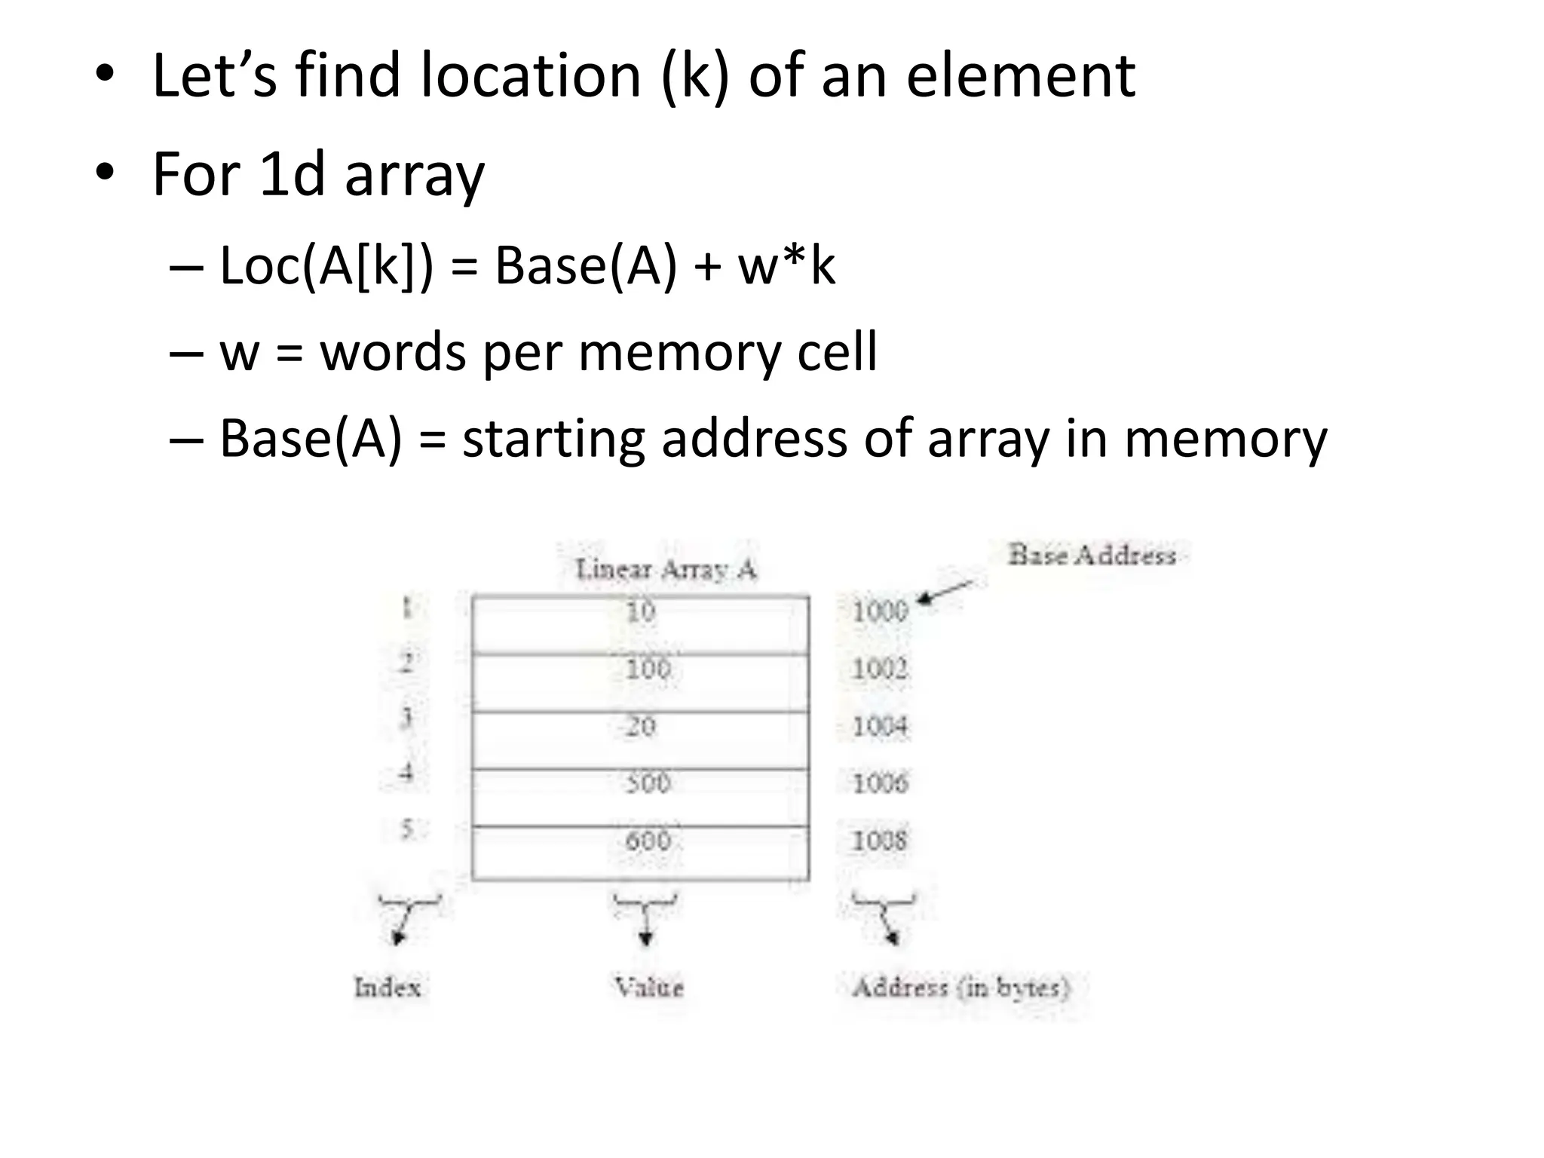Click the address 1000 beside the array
(x=879, y=610)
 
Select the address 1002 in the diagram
(x=879, y=668)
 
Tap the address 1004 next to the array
(x=879, y=726)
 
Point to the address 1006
(x=880, y=783)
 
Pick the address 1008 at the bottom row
(x=879, y=840)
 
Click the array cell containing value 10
(x=641, y=624)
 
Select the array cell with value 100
(x=641, y=682)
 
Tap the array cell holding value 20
(x=641, y=740)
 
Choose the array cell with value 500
(x=641, y=797)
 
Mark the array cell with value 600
(x=641, y=853)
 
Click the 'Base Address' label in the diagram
(x=1092, y=556)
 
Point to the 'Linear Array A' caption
(x=665, y=569)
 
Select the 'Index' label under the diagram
(x=388, y=987)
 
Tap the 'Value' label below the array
(x=648, y=987)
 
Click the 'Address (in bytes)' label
(x=960, y=987)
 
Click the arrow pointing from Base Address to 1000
(x=946, y=591)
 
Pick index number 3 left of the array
(x=406, y=717)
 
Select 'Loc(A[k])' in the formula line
(x=326, y=266)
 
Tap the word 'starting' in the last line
(x=553, y=439)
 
